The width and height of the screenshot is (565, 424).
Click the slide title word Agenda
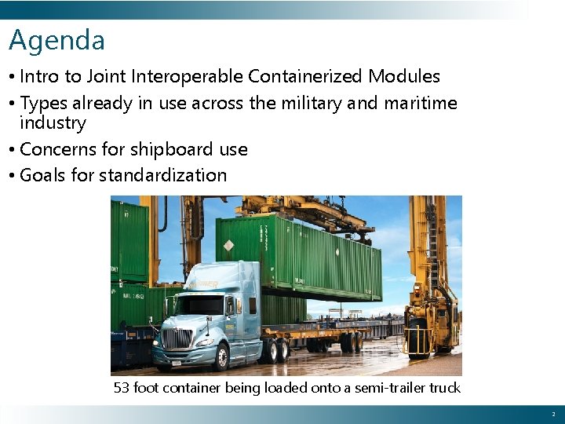click(56, 41)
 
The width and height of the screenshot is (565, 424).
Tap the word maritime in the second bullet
click(420, 103)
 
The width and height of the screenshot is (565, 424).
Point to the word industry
click(53, 123)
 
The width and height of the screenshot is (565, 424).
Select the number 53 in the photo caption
click(122, 388)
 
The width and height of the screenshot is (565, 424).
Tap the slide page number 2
click(552, 414)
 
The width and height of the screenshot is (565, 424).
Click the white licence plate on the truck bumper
click(176, 362)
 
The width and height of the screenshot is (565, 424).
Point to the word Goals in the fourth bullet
click(42, 175)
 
